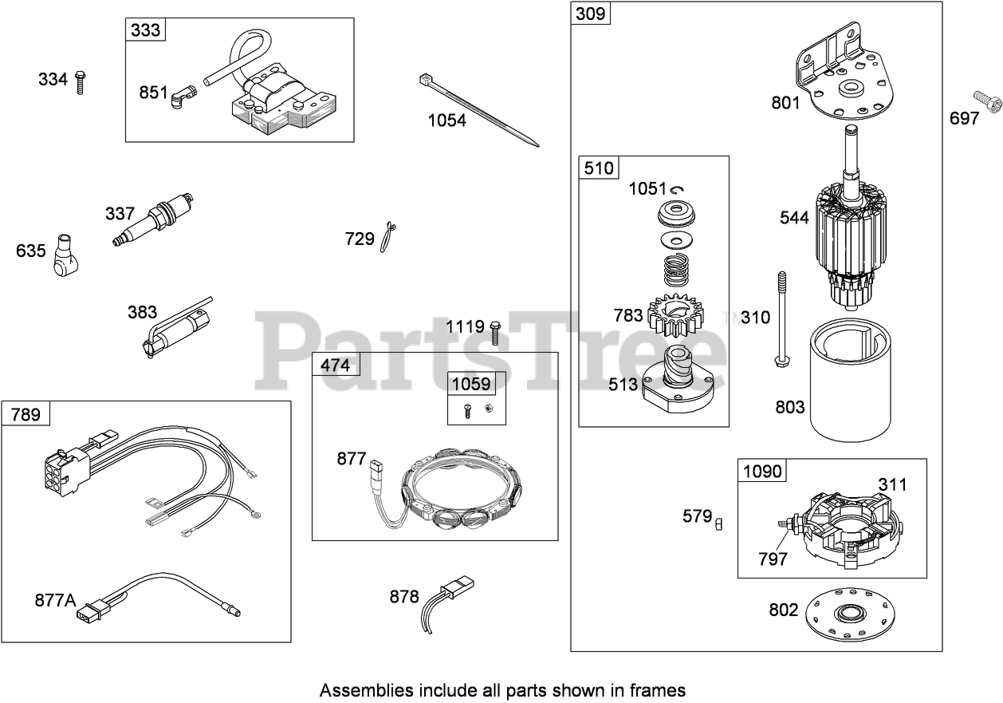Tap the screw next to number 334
(81, 81)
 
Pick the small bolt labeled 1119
(494, 330)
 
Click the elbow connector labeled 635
(65, 255)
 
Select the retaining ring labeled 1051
(678, 189)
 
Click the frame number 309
(591, 14)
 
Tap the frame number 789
(26, 414)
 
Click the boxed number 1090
(762, 472)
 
